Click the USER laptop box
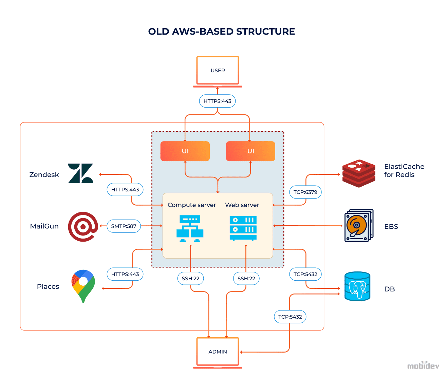click(218, 71)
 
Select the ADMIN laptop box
click(218, 352)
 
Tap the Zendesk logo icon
click(80, 173)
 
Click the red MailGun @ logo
click(83, 226)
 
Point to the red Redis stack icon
click(359, 173)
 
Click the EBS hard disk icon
click(359, 226)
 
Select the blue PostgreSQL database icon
click(357, 286)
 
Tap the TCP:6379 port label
click(305, 192)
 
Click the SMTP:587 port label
click(124, 226)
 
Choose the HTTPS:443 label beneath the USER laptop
click(217, 101)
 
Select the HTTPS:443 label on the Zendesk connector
click(125, 190)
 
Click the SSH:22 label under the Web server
click(246, 279)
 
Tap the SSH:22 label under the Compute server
click(190, 279)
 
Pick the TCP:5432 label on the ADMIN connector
click(290, 317)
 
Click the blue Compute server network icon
click(190, 228)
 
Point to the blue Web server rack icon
click(243, 228)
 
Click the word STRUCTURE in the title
click(265, 32)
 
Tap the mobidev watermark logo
click(423, 365)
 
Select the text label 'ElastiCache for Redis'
click(404, 171)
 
